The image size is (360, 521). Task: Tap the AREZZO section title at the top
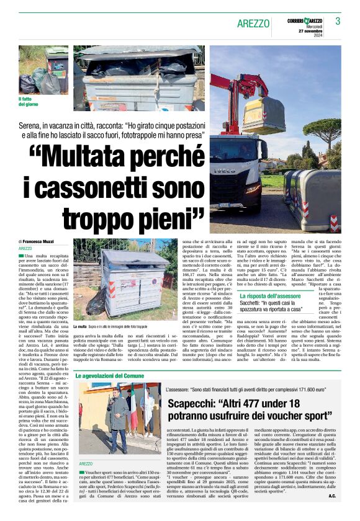point(253,23)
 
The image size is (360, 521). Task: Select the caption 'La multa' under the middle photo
point(81,326)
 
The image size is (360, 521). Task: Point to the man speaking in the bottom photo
point(119,416)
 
